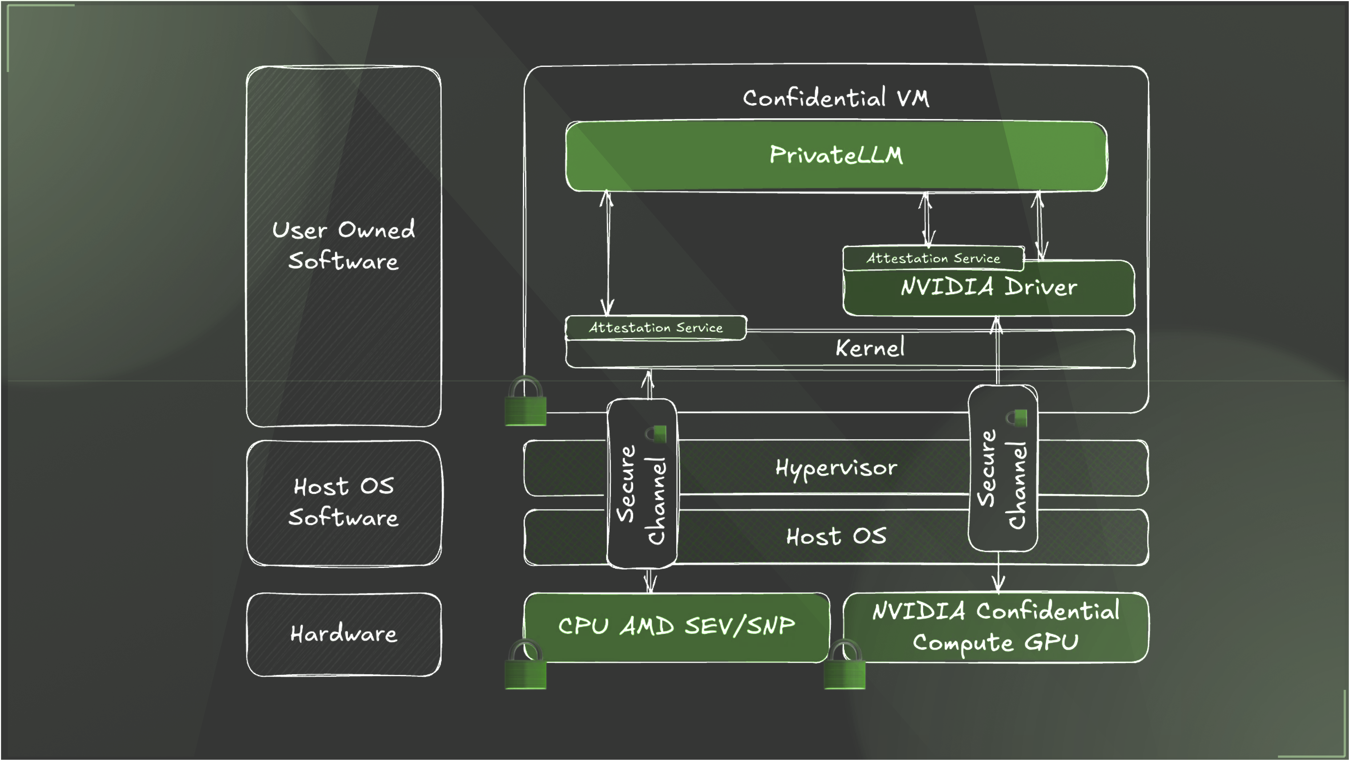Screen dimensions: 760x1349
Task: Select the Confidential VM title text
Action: click(x=836, y=98)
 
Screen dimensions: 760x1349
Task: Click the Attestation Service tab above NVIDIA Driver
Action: click(x=933, y=258)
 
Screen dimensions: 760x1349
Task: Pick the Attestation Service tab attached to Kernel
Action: click(x=656, y=328)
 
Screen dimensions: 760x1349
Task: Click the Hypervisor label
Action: click(x=836, y=467)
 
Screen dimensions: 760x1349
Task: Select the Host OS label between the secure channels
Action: click(x=836, y=536)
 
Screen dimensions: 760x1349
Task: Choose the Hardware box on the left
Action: click(x=343, y=634)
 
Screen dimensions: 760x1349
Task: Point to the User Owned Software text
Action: click(x=343, y=245)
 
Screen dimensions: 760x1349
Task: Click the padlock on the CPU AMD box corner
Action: click(x=525, y=666)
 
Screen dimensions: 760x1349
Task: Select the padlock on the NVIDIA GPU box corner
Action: click(x=844, y=666)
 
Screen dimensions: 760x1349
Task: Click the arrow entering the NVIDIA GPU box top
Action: click(x=999, y=576)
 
